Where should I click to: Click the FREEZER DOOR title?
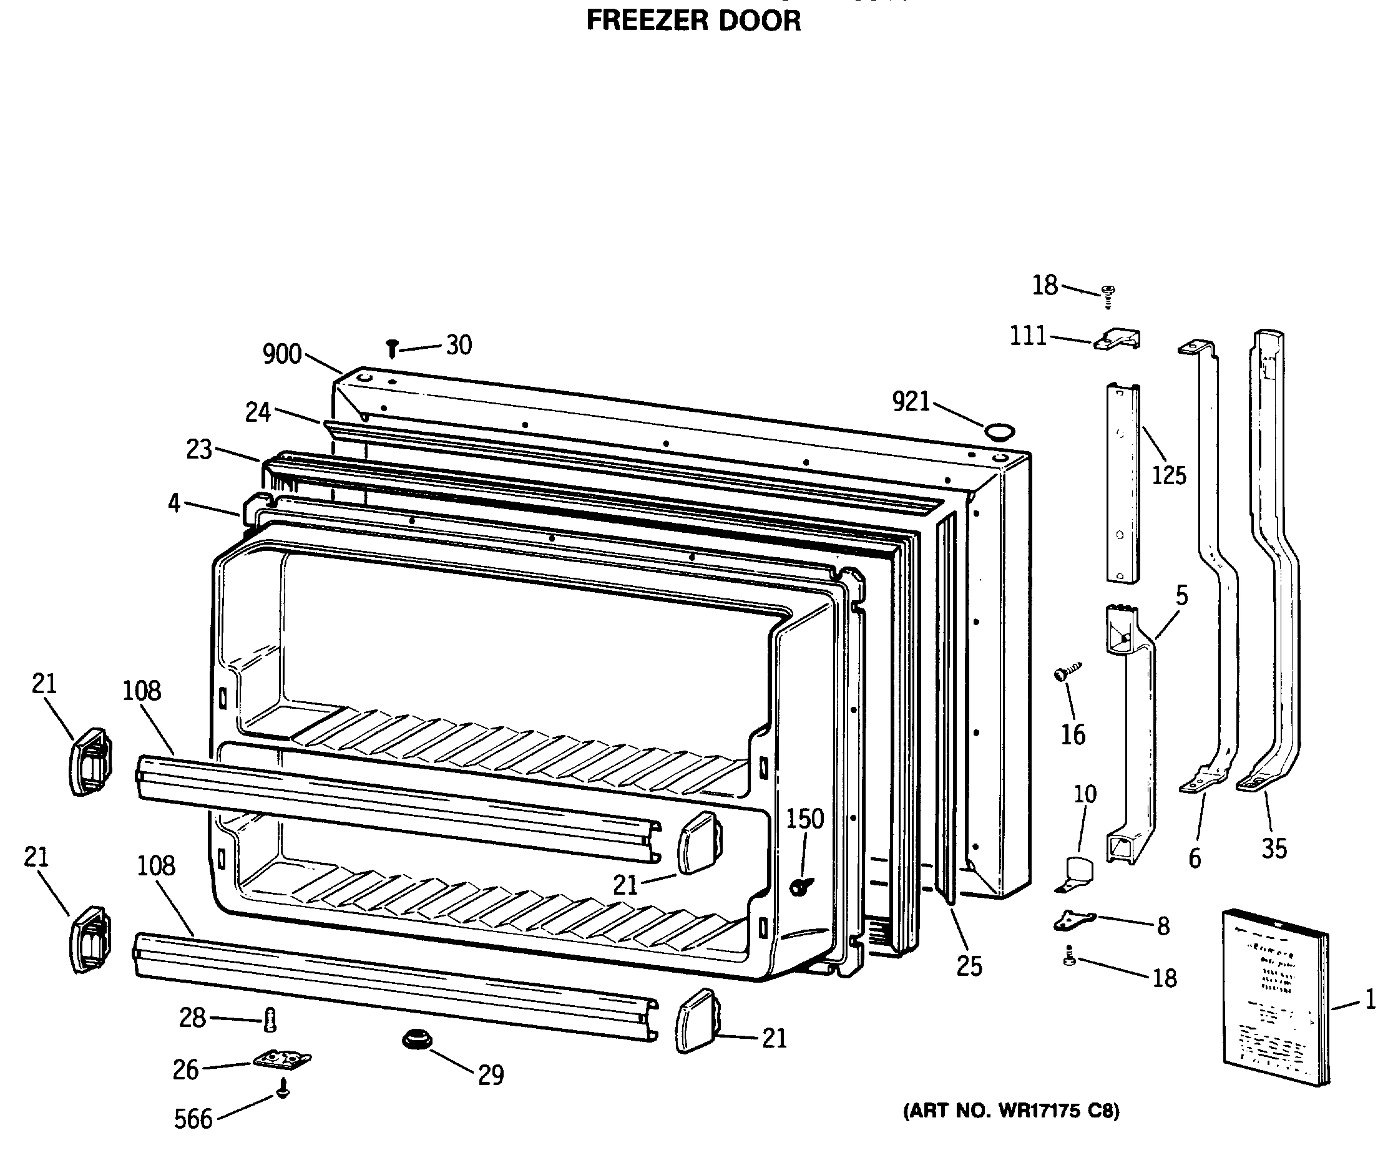(x=693, y=21)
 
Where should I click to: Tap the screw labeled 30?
(x=393, y=348)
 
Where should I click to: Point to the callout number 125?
(x=1169, y=475)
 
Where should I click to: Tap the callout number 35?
(x=1274, y=849)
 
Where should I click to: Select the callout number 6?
(x=1195, y=859)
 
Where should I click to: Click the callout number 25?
(x=969, y=966)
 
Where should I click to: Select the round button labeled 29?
(x=418, y=1039)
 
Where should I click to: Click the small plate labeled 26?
(x=282, y=1058)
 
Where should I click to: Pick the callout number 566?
(x=193, y=1119)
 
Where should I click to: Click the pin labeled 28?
(x=270, y=1019)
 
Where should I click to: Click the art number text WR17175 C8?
(x=1010, y=1111)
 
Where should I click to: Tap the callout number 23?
(x=199, y=450)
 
